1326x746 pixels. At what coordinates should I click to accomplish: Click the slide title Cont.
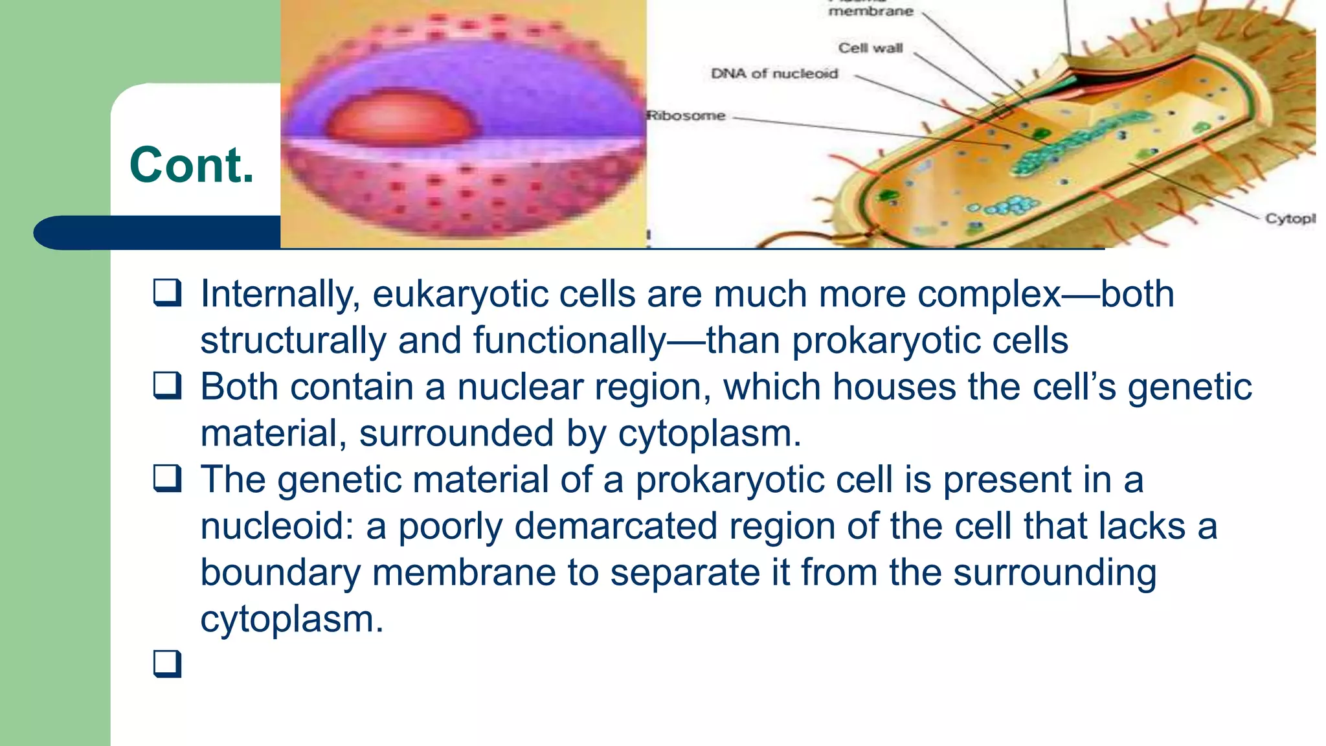192,166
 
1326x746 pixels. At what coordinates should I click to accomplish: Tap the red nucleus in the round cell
401,118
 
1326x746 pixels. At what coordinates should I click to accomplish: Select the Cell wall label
870,48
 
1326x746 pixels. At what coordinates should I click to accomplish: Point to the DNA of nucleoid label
774,74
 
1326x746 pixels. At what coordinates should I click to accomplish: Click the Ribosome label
687,116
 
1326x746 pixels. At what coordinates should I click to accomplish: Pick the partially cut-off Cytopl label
1290,218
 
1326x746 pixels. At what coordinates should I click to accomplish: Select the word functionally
570,341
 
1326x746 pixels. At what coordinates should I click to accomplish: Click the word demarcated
616,526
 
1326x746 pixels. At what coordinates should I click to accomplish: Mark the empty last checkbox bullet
167,664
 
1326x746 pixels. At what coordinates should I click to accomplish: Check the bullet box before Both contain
167,386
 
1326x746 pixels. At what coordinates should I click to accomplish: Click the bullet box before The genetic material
167,479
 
